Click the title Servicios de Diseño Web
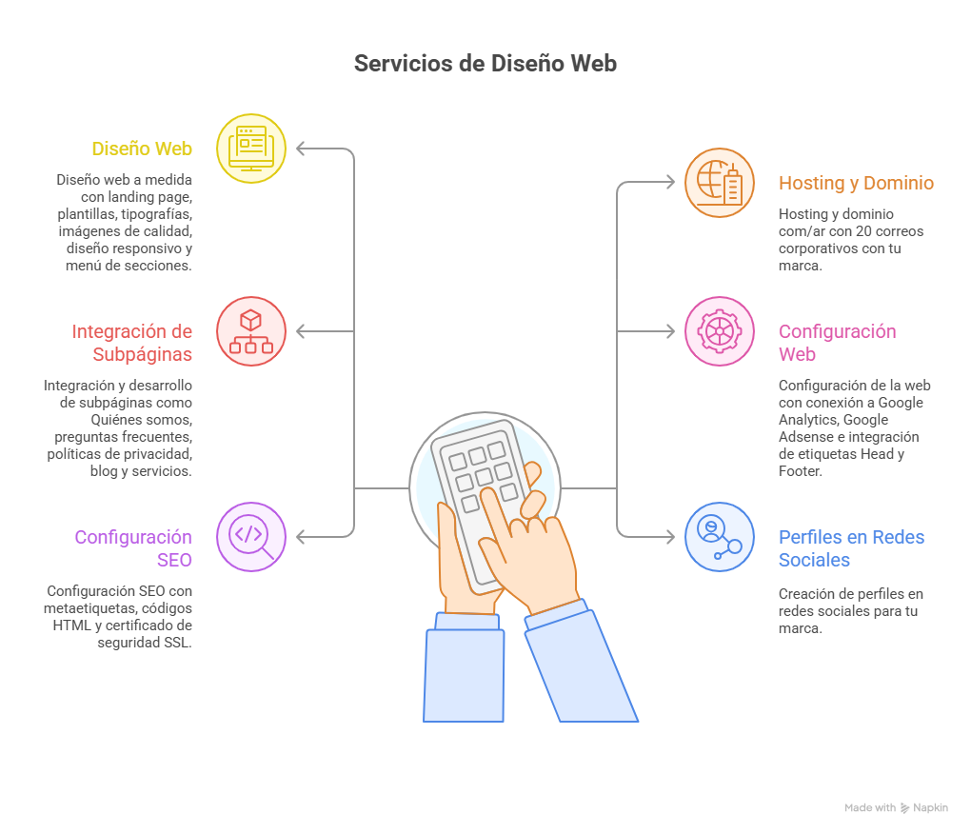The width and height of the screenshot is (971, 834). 485,64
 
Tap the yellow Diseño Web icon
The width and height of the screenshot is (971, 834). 251,149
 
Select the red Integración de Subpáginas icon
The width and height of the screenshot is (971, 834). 251,331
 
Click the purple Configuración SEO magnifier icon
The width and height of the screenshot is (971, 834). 251,537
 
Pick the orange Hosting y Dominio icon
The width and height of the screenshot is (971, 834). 720,183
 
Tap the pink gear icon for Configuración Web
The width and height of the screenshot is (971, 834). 720,331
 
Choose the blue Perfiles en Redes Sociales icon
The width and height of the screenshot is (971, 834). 720,537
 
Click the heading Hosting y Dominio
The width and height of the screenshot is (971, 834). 856,183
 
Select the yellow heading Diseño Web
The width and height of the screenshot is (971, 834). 142,149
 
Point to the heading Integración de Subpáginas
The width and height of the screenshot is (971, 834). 132,343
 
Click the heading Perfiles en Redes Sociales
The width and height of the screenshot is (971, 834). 851,548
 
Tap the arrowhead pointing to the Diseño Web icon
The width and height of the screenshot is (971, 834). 301,149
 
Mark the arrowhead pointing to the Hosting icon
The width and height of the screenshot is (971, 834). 671,183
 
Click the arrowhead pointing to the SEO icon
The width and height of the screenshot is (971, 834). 301,537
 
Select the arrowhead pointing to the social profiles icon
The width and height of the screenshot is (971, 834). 671,537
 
